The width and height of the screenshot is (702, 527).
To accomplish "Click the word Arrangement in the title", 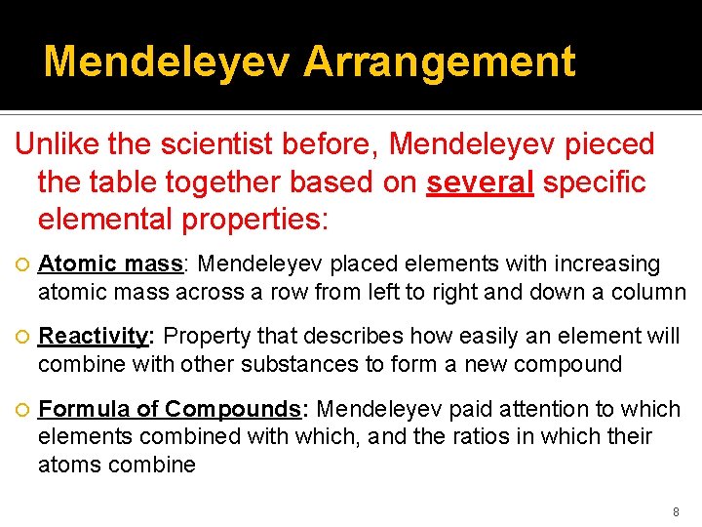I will tap(439, 61).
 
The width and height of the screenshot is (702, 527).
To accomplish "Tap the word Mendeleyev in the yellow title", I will tap(167, 61).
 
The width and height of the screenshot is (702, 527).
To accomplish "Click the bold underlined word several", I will tap(480, 182).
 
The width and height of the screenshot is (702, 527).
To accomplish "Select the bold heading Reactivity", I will tap(93, 337).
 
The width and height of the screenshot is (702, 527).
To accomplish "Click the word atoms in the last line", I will tap(65, 464).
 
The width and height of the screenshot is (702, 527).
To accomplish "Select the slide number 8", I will tap(676, 511).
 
